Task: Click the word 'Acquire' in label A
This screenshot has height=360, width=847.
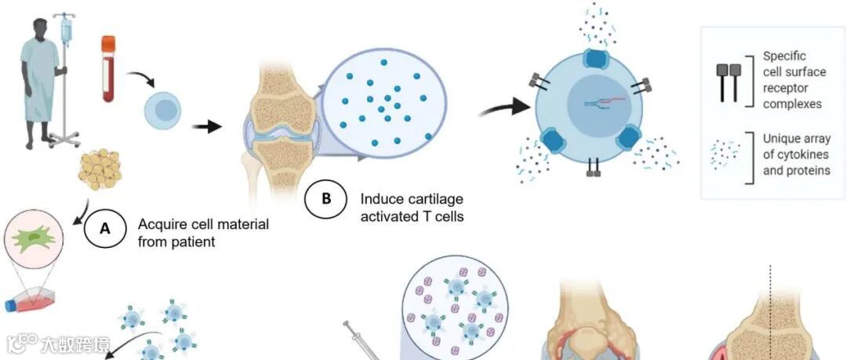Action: [x=162, y=224]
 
